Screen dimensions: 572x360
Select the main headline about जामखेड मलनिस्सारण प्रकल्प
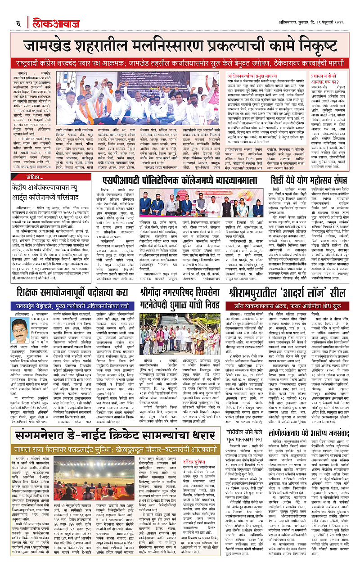[x=180, y=46]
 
